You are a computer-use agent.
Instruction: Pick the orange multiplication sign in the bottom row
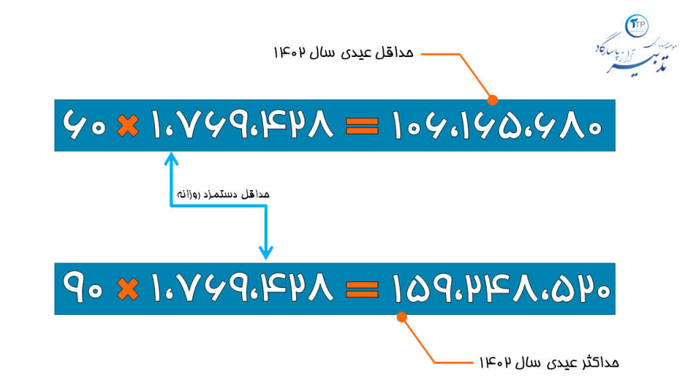click(x=126, y=289)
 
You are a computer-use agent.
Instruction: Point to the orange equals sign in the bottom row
click(x=362, y=289)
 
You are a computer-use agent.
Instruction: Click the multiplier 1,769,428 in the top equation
click(x=242, y=126)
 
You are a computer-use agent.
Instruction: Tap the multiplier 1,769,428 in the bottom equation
click(x=242, y=288)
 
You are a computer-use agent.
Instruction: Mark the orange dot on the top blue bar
click(x=493, y=100)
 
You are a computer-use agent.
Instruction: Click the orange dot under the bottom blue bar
click(x=402, y=317)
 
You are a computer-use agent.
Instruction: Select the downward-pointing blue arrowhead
click(x=266, y=253)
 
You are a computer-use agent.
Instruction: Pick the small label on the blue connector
click(x=223, y=194)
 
